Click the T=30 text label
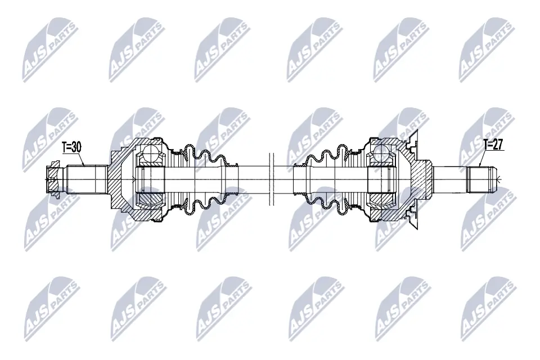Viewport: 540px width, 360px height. [71, 147]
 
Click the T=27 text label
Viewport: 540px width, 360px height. [493, 145]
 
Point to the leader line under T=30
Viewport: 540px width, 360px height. [79, 159]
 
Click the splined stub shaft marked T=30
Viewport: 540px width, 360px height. [87, 179]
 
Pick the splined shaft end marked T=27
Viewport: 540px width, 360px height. [481, 179]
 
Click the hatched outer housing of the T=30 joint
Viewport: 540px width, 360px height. [121, 180]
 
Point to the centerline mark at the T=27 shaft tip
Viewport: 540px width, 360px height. [498, 179]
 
